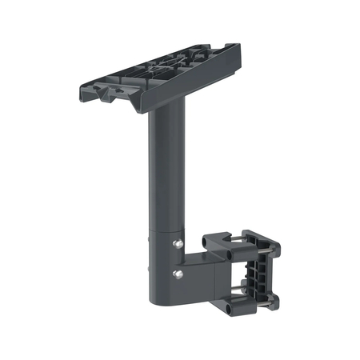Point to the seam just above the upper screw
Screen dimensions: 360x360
click(x=164, y=234)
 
